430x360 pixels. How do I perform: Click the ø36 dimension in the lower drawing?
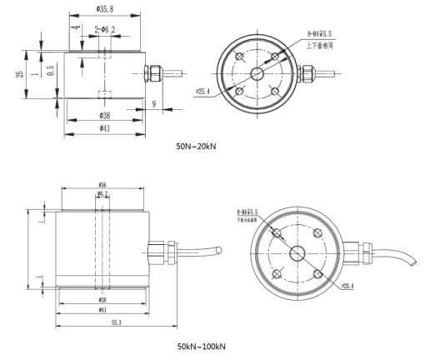point(102,184)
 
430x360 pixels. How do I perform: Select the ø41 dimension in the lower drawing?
point(102,308)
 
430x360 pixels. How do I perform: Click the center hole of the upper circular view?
point(255,73)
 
